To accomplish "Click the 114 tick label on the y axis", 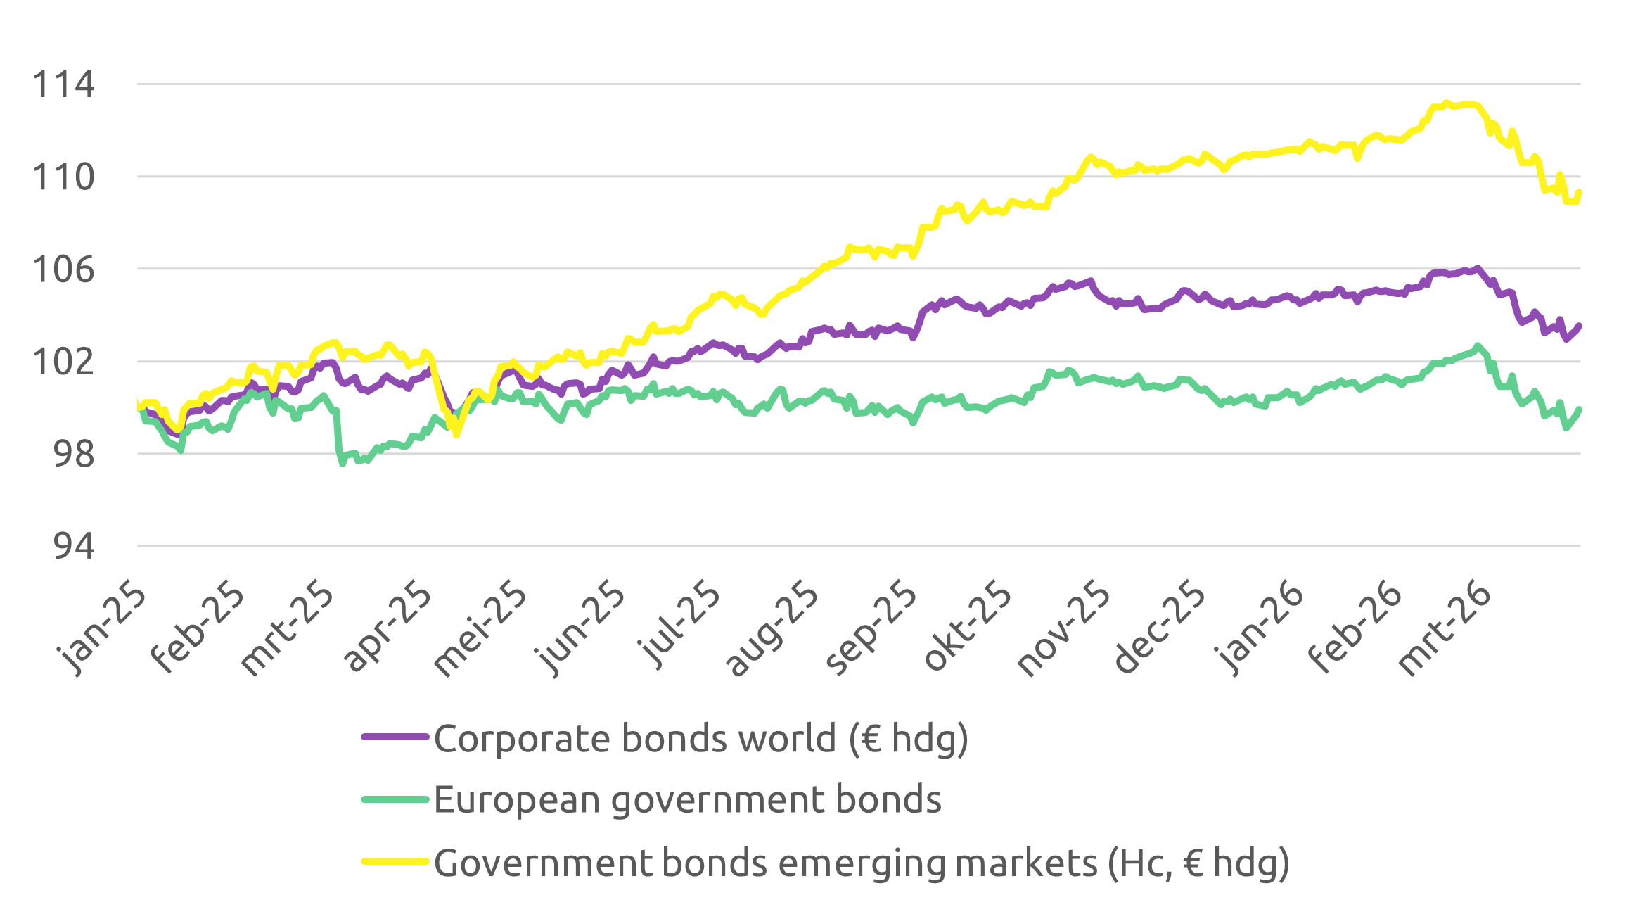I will pos(63,85).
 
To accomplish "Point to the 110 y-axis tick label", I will pos(63,177).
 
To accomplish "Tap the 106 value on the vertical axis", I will pos(63,269).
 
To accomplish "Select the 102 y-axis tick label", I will pos(63,362).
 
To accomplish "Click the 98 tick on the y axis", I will pos(73,455).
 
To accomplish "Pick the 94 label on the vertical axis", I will pos(73,547).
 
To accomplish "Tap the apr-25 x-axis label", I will pos(388,626).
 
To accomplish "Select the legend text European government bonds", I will pos(687,799).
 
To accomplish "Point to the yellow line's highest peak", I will pos(1446,103).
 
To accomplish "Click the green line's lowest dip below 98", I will pos(343,464).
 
